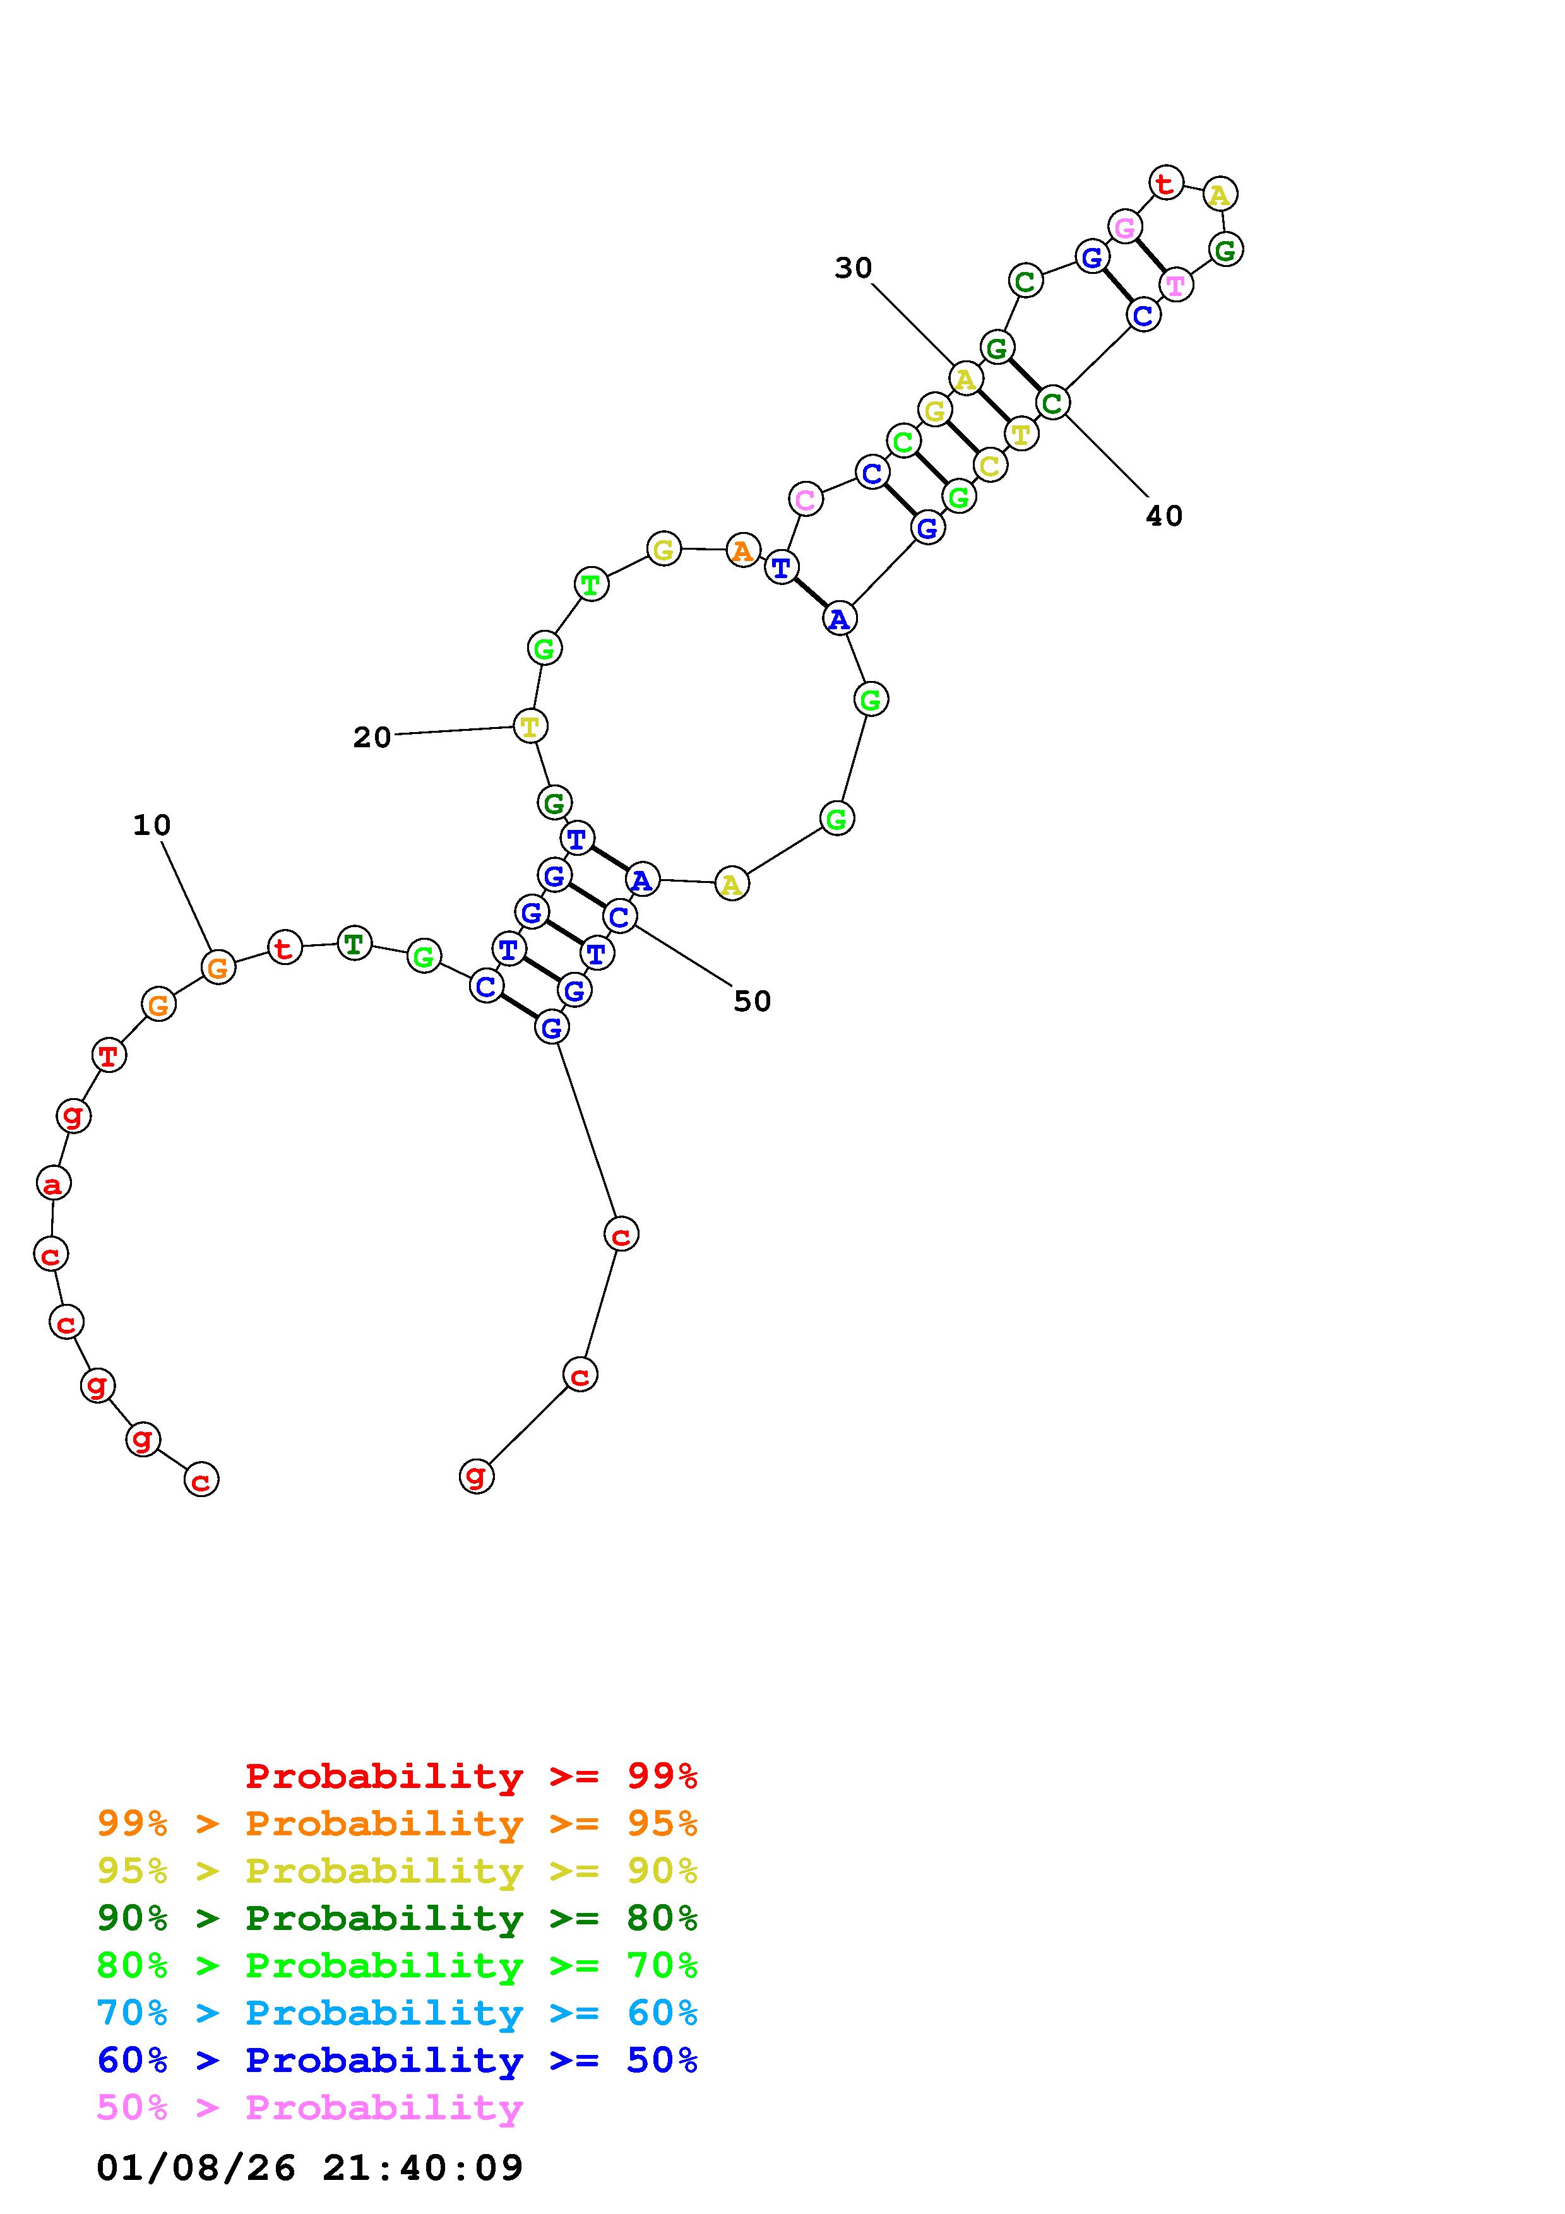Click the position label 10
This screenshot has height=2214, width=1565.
tap(152, 826)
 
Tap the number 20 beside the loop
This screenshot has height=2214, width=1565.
tap(372, 738)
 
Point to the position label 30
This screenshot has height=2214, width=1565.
tap(854, 268)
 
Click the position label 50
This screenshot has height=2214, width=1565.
tap(752, 1002)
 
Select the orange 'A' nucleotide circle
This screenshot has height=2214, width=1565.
tap(742, 550)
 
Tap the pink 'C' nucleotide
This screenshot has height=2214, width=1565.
tap(805, 499)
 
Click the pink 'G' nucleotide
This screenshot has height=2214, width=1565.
tap(1124, 228)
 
